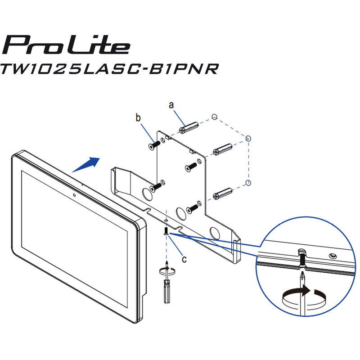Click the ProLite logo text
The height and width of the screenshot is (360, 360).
[x=66, y=45]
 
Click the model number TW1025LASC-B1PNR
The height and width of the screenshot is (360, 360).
[x=109, y=68]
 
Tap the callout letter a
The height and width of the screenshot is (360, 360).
[x=171, y=105]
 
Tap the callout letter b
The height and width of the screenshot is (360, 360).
[x=138, y=118]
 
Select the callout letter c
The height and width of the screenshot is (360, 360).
[x=184, y=259]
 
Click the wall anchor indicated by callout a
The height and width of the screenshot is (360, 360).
[x=189, y=128]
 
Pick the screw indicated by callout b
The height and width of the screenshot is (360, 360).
[x=154, y=145]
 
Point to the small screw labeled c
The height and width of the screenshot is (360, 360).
[x=166, y=231]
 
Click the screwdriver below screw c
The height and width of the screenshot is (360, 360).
[x=166, y=283]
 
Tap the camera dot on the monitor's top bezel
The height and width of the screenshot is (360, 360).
[x=74, y=195]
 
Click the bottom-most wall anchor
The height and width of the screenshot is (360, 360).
[x=222, y=193]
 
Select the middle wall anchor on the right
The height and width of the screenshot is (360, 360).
[x=222, y=149]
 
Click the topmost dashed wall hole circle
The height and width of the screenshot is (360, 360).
[x=214, y=117]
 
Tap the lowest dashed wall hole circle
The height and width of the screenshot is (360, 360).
[x=248, y=183]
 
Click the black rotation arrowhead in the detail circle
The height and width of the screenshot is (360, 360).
[x=306, y=290]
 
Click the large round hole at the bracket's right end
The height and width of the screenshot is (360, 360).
[x=216, y=234]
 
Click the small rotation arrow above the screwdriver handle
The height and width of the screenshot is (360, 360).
[x=167, y=270]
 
